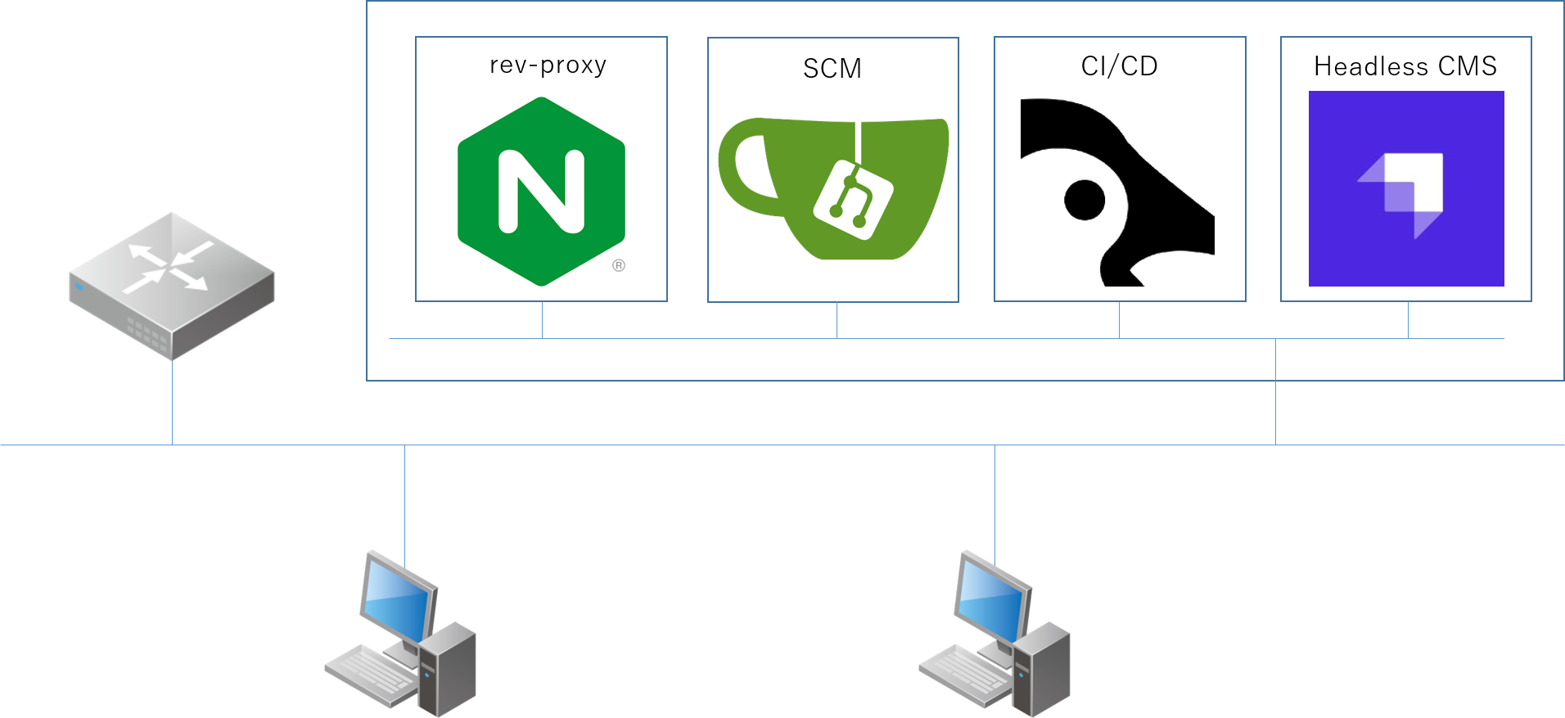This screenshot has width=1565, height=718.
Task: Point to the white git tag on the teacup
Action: pos(853,195)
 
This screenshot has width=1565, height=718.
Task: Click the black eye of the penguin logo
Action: pos(1085,200)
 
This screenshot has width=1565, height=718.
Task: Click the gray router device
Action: pos(171,286)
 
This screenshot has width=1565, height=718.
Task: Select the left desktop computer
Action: pos(401,634)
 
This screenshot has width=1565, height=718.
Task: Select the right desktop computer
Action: pos(994,634)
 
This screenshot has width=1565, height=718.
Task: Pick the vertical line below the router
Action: pos(173,403)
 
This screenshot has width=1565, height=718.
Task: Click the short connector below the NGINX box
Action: pos(542,320)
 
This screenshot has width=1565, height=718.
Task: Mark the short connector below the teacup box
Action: pos(837,320)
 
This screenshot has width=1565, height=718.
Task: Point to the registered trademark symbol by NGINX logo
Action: pos(618,265)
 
